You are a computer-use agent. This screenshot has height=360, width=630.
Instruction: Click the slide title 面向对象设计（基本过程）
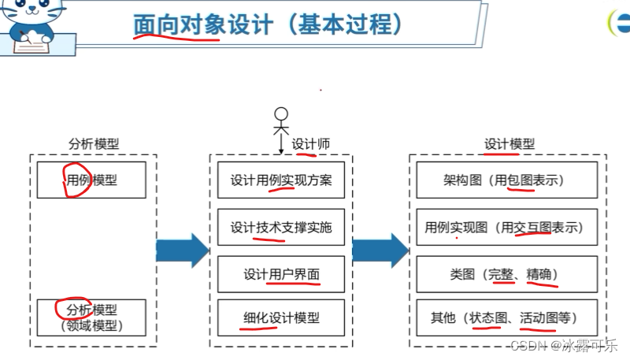[268, 24]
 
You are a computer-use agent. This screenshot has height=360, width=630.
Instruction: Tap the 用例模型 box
[92, 180]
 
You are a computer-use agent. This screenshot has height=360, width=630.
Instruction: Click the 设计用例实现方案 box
[281, 180]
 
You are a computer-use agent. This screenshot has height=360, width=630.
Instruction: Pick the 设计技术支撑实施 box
[281, 228]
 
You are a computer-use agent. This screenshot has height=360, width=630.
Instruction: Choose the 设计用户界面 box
[281, 274]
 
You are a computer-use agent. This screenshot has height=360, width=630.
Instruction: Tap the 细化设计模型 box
[281, 318]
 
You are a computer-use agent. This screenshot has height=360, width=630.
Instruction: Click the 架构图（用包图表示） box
[504, 180]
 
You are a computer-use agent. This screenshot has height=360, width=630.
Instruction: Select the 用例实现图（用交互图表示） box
[504, 228]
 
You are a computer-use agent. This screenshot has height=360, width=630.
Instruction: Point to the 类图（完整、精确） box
[504, 274]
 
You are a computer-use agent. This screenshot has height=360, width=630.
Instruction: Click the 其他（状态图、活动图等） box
[504, 318]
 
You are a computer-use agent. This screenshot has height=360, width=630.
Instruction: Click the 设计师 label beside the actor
[310, 144]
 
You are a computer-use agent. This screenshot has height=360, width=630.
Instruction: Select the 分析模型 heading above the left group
[94, 144]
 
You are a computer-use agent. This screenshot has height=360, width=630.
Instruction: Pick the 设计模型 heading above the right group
[509, 144]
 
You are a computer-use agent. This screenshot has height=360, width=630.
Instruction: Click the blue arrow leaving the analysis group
[182, 251]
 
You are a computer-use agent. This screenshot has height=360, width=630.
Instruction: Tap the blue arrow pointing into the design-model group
[380, 251]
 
